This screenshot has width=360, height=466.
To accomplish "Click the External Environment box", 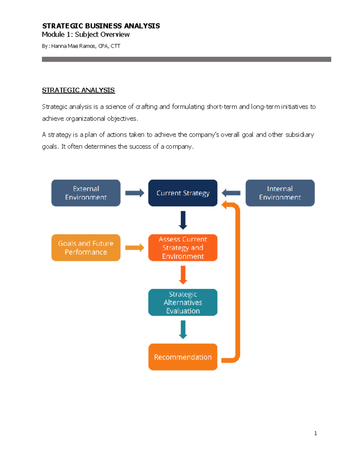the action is (86, 193).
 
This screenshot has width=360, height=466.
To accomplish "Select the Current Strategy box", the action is (183, 193).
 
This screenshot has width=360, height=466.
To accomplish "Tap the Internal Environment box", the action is (280, 193).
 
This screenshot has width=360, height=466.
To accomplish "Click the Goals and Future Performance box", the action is (86, 248).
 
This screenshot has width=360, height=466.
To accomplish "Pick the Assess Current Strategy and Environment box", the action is (183, 248).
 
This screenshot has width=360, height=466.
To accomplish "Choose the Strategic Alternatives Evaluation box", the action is (183, 302).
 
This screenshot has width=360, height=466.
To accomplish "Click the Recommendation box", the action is (183, 357).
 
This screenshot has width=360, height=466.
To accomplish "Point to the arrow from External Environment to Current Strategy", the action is (134, 193).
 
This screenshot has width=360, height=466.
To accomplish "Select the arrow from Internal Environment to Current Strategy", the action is (231, 193).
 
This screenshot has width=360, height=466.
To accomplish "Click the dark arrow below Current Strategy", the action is (183, 220).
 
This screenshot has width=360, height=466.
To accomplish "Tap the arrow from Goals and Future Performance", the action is (134, 248).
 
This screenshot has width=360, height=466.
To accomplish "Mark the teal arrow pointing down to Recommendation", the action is (183, 329).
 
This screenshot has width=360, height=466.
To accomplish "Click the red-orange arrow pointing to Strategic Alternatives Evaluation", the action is (183, 275).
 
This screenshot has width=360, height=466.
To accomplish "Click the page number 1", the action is (315, 433).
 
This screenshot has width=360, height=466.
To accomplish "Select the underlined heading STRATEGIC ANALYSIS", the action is (78, 90).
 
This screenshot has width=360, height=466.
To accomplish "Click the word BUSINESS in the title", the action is (103, 26).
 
